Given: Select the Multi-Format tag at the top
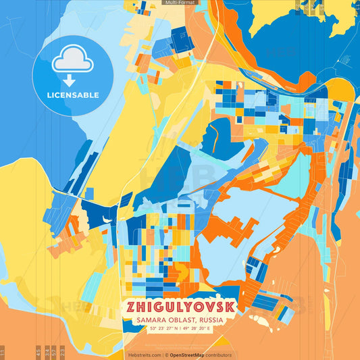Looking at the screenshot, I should [180, 3].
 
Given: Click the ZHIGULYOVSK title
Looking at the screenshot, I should [180, 307].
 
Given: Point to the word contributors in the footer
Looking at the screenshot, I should [219, 355].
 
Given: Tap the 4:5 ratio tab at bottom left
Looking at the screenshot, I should [38, 353].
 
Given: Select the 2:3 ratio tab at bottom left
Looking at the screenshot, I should [62, 353].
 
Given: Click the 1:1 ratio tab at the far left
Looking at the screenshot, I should [3, 353].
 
